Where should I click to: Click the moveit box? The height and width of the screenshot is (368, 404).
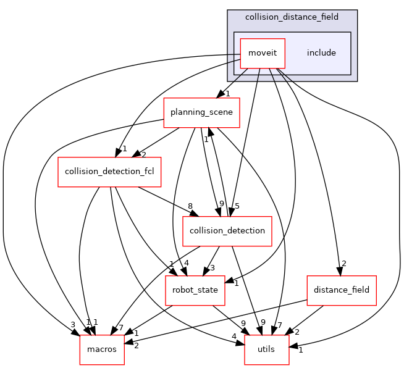(x=262, y=53)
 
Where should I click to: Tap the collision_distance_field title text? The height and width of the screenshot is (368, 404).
(x=292, y=17)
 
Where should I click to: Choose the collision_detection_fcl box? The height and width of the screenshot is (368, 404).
(x=109, y=172)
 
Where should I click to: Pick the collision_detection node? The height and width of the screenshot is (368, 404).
(x=227, y=231)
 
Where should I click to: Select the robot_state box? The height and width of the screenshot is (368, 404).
(x=195, y=290)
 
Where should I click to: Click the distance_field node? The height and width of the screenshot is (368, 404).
(x=342, y=290)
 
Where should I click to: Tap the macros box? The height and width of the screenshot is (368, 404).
(x=102, y=349)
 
